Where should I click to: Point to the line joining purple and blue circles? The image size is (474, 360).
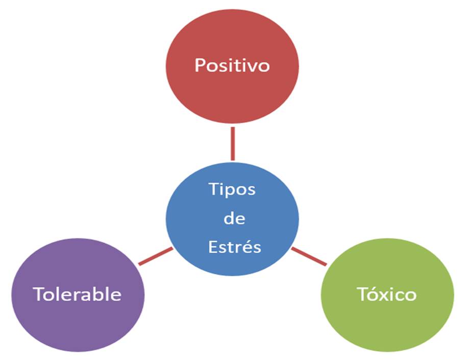click(156, 256)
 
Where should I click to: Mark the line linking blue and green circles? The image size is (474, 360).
click(309, 257)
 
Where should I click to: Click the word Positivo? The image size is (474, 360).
click(232, 65)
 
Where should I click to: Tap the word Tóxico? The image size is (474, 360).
click(387, 294)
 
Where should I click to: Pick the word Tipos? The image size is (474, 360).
click(232, 189)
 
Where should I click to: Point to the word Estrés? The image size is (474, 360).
click(235, 247)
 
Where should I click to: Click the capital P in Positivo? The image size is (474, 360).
click(200, 65)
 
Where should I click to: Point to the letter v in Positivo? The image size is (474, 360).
click(250, 66)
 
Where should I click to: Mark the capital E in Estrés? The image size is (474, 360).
click(212, 247)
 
